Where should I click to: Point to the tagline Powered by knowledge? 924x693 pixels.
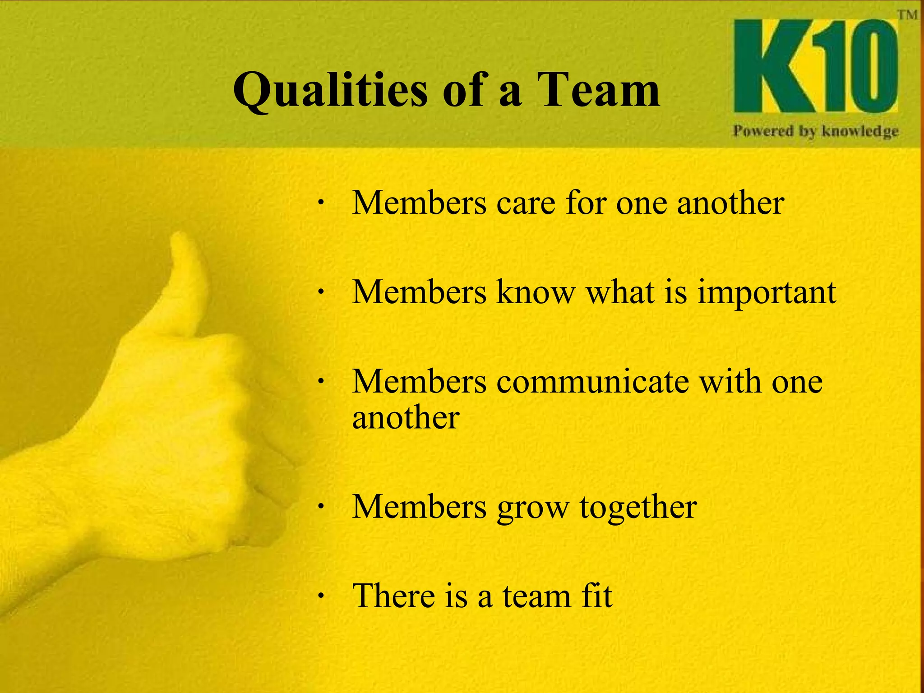[815, 131]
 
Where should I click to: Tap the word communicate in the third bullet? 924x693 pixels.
[593, 382]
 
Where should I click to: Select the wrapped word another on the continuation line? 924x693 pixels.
[406, 417]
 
